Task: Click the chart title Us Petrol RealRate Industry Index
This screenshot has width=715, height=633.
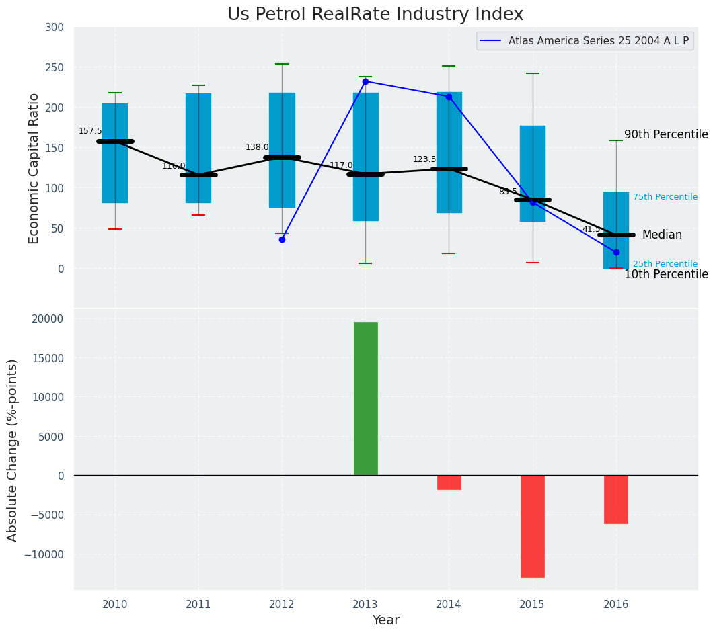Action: coord(375,15)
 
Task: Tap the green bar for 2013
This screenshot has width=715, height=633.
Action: coord(365,398)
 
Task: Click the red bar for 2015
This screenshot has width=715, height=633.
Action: coord(532,526)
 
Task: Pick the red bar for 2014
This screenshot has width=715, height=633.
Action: coord(449,482)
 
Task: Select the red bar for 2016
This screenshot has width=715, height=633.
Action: coord(615,499)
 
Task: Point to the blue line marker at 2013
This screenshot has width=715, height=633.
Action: coord(365,81)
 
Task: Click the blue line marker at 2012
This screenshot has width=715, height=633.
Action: coord(282,239)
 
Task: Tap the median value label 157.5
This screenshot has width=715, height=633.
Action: coord(90,131)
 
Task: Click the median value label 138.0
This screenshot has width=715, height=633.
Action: coord(257,147)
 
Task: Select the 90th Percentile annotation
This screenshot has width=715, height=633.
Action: coord(666,134)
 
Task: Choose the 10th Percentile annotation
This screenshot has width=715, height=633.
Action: coord(666,274)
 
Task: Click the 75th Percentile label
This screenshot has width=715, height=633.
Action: coord(665,197)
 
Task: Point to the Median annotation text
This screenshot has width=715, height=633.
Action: coord(662,235)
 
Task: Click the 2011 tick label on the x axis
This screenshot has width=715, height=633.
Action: coord(198,604)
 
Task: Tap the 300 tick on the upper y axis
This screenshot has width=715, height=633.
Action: coord(54,27)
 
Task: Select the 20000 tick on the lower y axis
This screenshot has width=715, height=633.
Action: coord(48,319)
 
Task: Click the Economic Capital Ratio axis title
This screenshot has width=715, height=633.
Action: coord(34,168)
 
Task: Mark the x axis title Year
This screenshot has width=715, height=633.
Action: coord(385,620)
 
